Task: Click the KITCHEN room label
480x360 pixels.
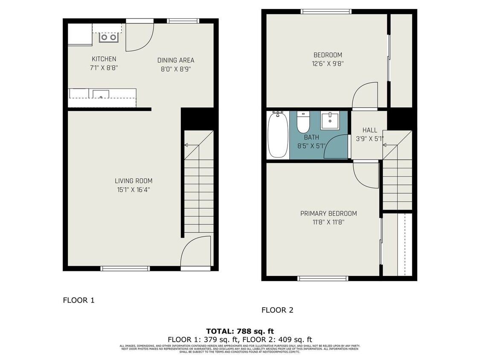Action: [104, 59]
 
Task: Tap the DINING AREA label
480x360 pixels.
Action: [175, 60]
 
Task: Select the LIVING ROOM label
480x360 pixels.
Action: [133, 181]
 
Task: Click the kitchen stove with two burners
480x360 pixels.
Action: [108, 38]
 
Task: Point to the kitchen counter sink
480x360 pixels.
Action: [101, 94]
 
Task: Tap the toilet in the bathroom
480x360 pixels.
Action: [303, 122]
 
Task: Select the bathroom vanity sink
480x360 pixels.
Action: [330, 121]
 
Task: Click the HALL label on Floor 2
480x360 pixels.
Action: [369, 130]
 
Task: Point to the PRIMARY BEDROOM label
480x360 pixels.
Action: [328, 214]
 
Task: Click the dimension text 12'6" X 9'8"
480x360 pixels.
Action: [328, 64]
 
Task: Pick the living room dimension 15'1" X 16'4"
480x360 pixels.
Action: [133, 190]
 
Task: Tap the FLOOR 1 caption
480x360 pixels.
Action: [79, 300]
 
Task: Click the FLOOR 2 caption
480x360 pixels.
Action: [277, 310]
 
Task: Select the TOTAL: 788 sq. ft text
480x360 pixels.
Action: [240, 331]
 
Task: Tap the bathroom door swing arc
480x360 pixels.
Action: [337, 147]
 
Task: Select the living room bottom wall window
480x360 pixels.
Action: [125, 268]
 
